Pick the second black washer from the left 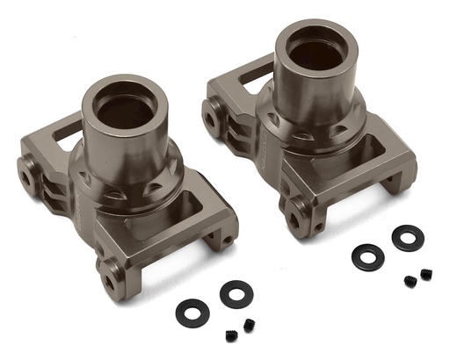pyautogui.click(x=236, y=292)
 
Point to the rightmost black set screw pyautogui.click(x=426, y=275)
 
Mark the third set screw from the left pyautogui.click(x=410, y=281)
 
